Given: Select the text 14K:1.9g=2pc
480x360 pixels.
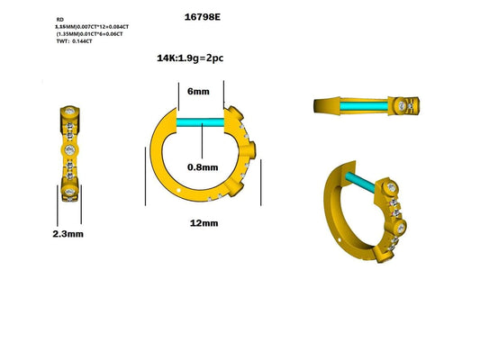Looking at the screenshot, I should [x=197, y=58].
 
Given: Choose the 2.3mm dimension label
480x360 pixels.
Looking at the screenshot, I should [x=68, y=234].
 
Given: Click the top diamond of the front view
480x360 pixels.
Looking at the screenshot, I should [x=70, y=112].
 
